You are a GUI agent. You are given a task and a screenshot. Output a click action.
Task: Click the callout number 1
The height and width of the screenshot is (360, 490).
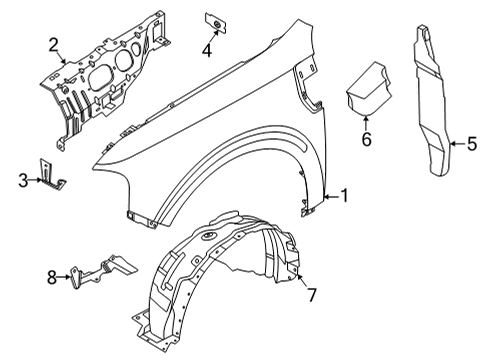pyautogui.click(x=344, y=197)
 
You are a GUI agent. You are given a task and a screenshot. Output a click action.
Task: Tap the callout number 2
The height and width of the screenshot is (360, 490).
pyautogui.click(x=53, y=43)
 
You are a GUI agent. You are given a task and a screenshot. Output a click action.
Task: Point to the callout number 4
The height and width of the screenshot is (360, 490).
pyautogui.click(x=206, y=49)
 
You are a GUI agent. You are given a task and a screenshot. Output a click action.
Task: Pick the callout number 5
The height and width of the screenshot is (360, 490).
pyautogui.click(x=469, y=145)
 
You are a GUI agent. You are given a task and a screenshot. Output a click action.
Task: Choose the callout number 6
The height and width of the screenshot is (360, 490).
pyautogui.click(x=366, y=139)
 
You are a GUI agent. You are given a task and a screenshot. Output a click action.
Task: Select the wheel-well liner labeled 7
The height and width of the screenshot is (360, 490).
pyautogui.click(x=220, y=280)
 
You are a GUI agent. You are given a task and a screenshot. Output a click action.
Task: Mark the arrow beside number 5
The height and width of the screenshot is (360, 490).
pyautogui.click(x=453, y=145)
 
